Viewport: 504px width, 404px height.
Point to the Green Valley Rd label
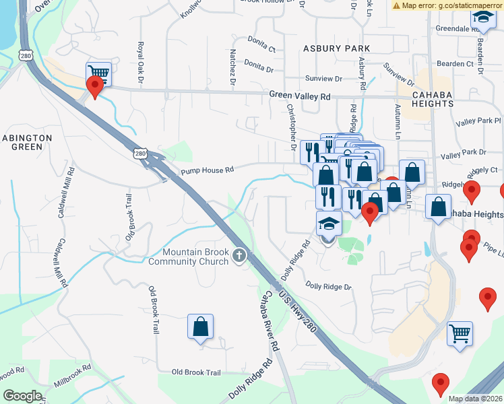point(300,96)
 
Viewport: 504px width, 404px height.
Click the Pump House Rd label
point(206,171)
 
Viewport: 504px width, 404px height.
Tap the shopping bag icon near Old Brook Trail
point(200,327)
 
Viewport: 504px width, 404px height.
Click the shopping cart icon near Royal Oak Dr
point(99,73)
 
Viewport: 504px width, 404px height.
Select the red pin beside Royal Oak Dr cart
point(95,86)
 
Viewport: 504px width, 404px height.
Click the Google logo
point(22,396)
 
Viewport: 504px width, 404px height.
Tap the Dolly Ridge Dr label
point(329,287)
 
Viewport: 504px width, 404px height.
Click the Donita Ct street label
point(261,48)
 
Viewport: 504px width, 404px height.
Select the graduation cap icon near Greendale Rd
point(482,18)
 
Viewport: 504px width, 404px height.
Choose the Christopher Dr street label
point(292,127)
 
